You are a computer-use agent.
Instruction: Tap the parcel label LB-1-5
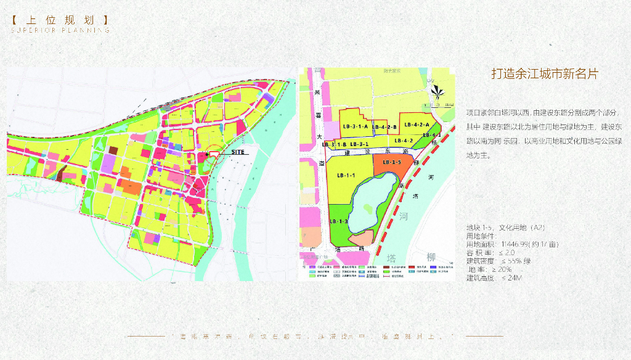click(x=392, y=162)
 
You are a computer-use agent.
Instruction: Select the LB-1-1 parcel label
click(x=346, y=176)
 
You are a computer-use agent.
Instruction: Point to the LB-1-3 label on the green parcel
click(x=339, y=221)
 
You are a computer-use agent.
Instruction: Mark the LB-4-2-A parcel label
click(x=417, y=125)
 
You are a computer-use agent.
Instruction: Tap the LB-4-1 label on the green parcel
click(x=432, y=135)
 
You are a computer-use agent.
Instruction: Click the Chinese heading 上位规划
click(x=60, y=20)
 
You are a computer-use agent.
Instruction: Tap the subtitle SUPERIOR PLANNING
click(x=60, y=30)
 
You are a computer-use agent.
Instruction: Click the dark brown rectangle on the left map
click(x=113, y=150)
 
